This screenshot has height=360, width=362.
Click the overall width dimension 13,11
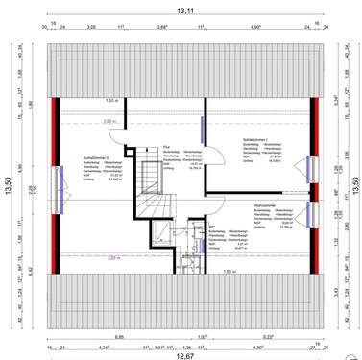coord(181,10)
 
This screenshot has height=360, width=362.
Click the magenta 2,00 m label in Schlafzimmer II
coord(82,121)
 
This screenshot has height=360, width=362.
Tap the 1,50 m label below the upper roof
coord(110,100)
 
